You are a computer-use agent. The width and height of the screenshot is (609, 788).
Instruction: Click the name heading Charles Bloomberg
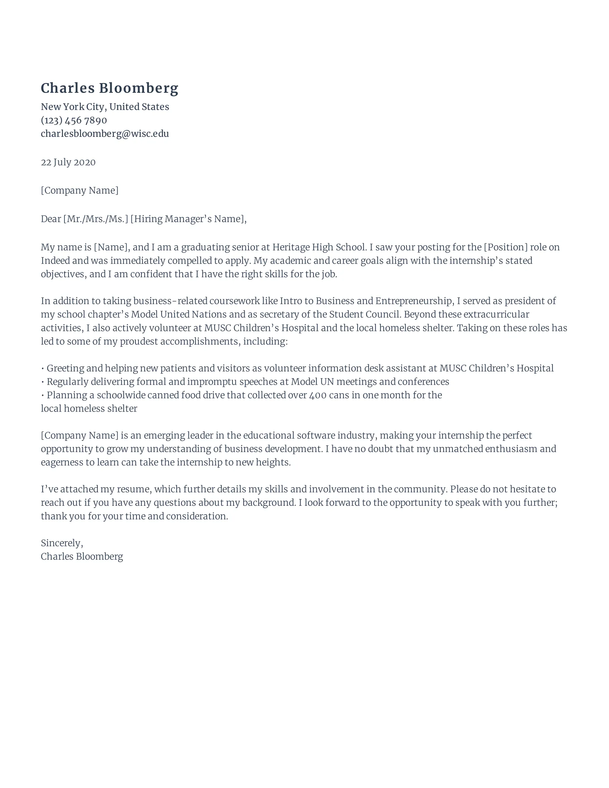(109, 88)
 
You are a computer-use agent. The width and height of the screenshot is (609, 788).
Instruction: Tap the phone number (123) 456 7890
(73, 120)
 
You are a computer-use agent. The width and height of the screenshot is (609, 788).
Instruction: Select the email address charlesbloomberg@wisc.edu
(105, 134)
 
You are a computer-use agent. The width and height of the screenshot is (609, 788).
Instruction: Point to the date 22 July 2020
(68, 162)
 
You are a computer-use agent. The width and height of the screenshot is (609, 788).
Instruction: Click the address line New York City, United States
(105, 107)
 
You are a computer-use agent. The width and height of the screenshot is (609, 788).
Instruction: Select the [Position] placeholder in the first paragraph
(505, 247)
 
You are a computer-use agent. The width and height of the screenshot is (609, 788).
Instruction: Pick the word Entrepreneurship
(413, 301)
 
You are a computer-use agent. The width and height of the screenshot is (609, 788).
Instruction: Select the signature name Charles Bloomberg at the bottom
(82, 556)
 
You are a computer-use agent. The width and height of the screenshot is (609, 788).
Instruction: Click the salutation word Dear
(51, 219)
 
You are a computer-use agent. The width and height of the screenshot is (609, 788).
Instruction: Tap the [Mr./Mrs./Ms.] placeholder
(96, 219)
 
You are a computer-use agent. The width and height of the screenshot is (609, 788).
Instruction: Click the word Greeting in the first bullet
(65, 368)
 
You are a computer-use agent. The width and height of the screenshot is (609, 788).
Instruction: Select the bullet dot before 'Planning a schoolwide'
(43, 395)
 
